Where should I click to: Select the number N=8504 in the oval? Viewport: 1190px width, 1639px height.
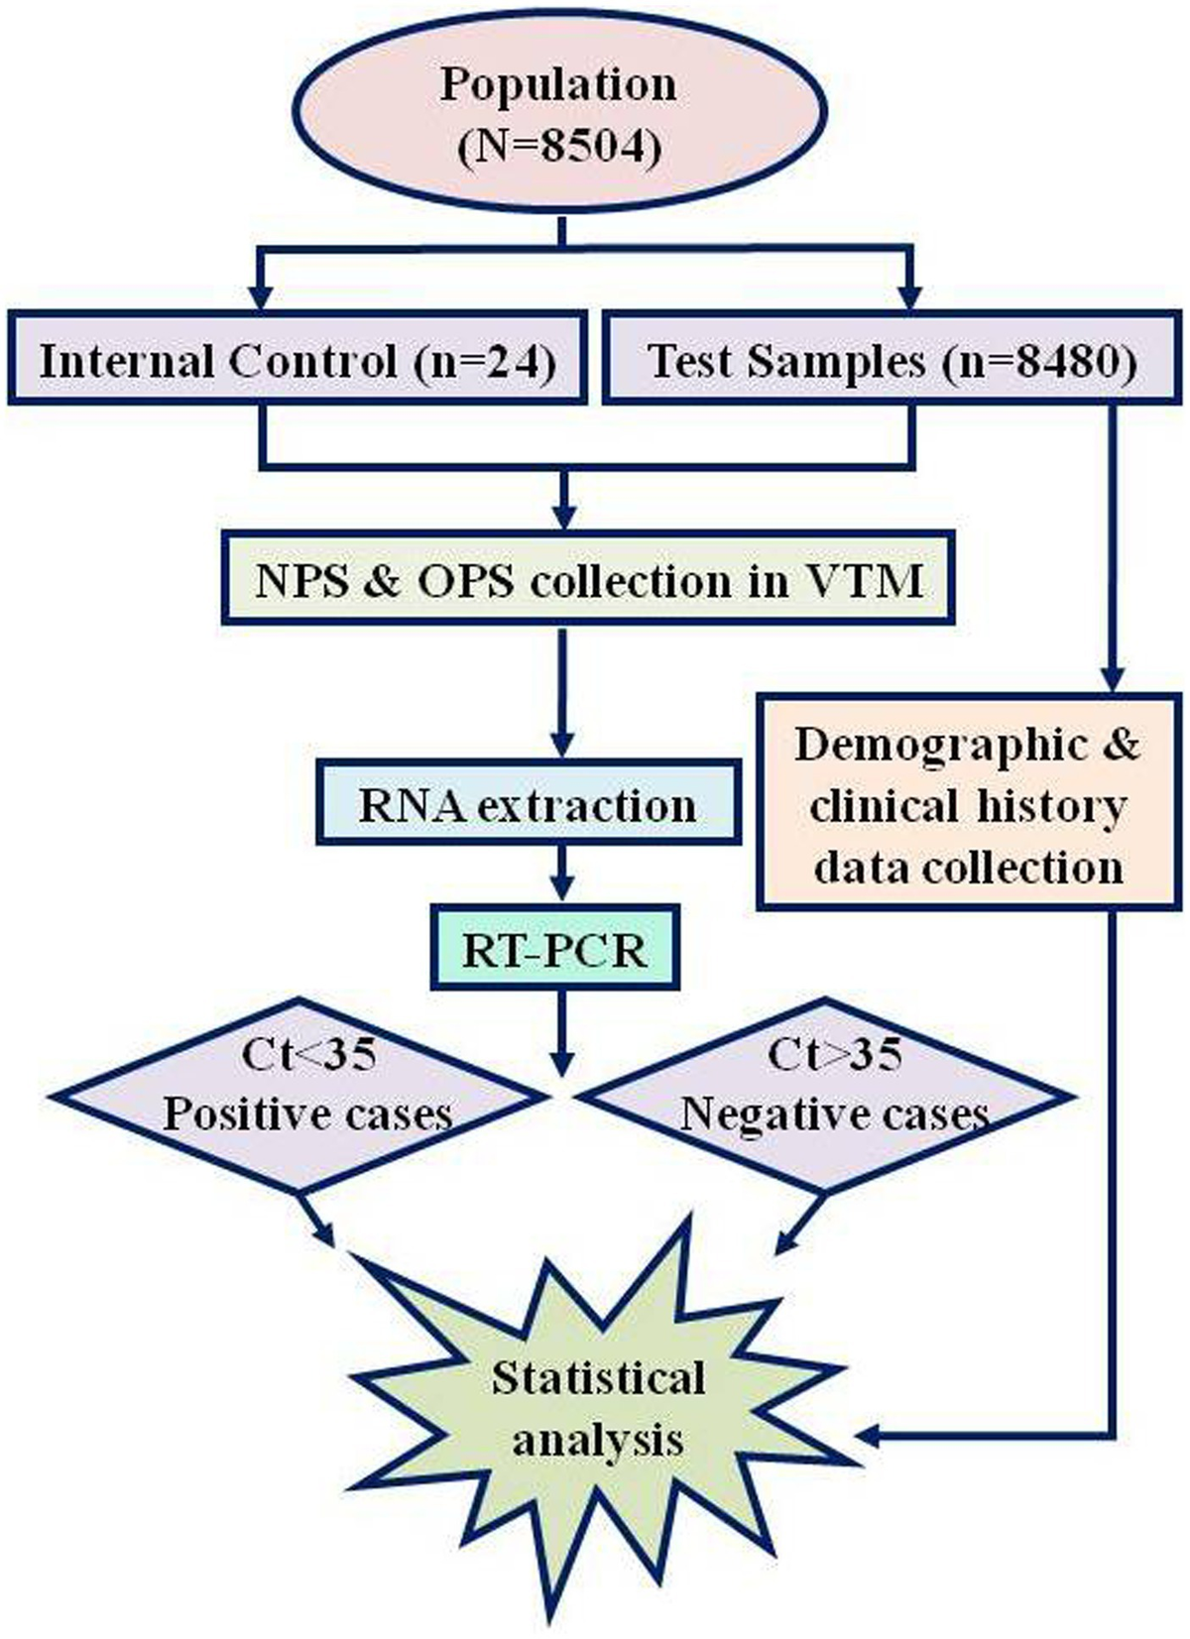(558, 147)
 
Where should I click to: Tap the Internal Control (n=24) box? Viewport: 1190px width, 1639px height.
(296, 360)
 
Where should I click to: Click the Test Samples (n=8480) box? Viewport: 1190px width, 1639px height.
(892, 360)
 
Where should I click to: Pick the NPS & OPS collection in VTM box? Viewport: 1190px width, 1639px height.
(588, 580)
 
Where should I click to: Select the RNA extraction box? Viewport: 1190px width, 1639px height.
(528, 804)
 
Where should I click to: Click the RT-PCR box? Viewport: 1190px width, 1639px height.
(555, 949)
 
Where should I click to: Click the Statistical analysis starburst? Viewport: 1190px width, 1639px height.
(598, 1408)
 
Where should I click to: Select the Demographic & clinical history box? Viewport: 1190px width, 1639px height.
(968, 805)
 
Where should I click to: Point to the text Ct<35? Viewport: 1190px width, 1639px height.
(308, 1053)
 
